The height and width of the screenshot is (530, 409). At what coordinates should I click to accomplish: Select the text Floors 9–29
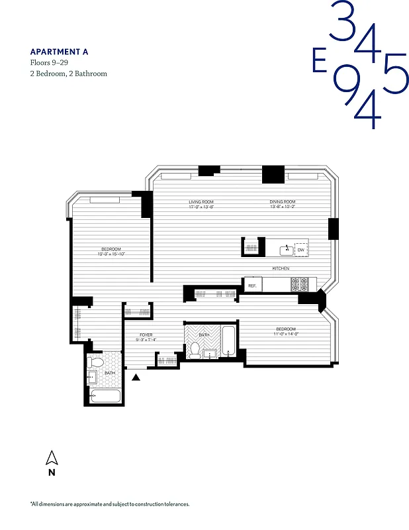[x=49, y=63]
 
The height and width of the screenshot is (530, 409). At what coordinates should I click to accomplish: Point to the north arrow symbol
[x=51, y=457]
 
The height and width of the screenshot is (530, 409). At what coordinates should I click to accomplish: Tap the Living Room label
[x=201, y=202]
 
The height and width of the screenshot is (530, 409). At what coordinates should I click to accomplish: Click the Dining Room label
[x=282, y=202]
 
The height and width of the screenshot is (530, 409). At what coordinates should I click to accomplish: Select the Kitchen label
[x=281, y=268]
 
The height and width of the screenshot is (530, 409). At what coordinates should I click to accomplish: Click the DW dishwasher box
[x=300, y=250]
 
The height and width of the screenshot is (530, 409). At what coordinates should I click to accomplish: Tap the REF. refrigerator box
[x=252, y=285]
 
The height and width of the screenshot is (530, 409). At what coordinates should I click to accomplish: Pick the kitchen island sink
[x=287, y=250]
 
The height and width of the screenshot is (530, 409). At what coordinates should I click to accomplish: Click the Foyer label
[x=146, y=335]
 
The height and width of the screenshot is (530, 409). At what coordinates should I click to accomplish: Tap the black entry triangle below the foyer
[x=136, y=378]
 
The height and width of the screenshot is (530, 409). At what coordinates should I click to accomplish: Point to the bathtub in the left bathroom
[x=105, y=397]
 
